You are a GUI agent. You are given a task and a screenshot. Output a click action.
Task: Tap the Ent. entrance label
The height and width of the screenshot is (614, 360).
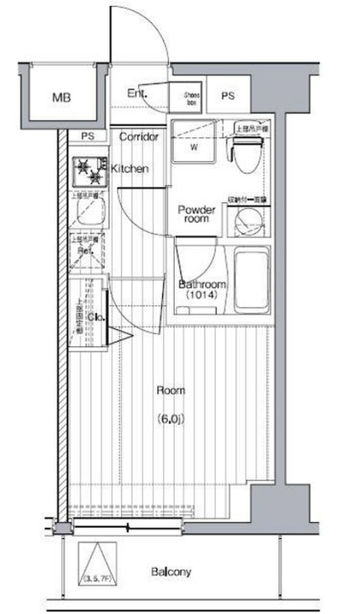click(x=137, y=94)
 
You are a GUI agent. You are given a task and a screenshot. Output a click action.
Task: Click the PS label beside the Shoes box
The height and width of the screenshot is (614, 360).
click(x=228, y=96)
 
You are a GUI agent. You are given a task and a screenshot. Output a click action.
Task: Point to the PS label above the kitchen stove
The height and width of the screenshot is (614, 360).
click(x=87, y=137)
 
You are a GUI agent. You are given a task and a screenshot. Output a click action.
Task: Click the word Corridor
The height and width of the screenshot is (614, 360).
click(x=139, y=137)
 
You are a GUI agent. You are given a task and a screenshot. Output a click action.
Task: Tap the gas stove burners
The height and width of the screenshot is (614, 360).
click(x=89, y=171)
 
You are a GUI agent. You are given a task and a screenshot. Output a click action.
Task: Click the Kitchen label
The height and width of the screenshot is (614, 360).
click(x=131, y=168)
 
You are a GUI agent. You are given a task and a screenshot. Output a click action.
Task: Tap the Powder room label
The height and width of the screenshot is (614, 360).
click(x=196, y=214)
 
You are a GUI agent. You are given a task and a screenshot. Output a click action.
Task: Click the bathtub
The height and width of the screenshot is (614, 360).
click(x=251, y=280)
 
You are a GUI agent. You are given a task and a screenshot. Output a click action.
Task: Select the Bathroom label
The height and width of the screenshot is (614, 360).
click(x=202, y=285)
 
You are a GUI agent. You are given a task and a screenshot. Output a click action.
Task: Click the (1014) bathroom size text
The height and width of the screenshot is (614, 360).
click(x=200, y=296)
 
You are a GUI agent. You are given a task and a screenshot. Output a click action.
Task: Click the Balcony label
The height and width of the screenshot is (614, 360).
click(x=171, y=572)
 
